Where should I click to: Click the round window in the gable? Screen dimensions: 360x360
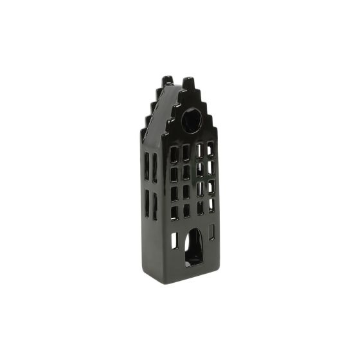click(x=191, y=120)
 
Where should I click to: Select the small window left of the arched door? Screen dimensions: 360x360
click(x=175, y=240)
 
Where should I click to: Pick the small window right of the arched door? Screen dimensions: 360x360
click(x=212, y=231)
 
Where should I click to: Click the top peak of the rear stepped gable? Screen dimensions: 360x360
click(x=167, y=80)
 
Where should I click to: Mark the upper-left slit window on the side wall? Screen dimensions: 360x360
click(x=147, y=165)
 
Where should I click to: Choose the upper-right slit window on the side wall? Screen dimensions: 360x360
click(x=155, y=168)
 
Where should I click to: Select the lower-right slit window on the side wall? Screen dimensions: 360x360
click(x=155, y=206)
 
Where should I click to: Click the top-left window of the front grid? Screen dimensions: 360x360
click(x=174, y=154)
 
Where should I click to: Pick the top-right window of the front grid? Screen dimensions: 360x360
click(x=210, y=149)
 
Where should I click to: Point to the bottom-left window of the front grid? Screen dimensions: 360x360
click(x=174, y=213)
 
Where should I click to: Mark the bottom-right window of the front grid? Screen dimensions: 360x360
click(x=211, y=204)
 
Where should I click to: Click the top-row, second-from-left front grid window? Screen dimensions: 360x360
click(x=186, y=153)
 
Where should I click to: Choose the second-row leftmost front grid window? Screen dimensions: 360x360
click(x=174, y=174)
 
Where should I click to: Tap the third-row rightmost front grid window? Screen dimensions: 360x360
click(x=211, y=186)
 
